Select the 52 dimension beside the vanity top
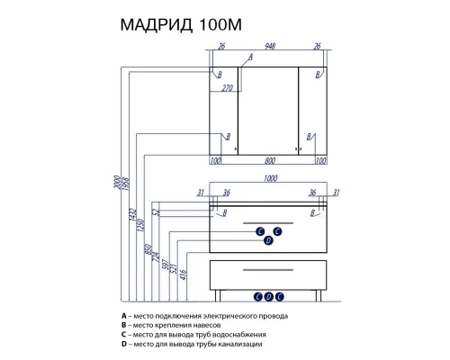[x=155, y=213]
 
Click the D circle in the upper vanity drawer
[x=268, y=240]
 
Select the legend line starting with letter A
[x=208, y=317]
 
